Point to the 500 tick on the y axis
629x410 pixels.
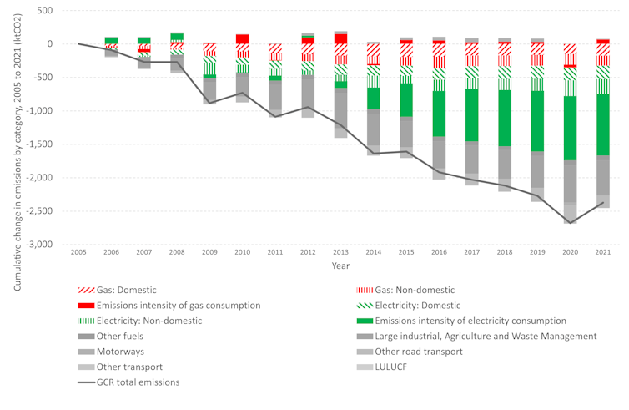click(x=44, y=10)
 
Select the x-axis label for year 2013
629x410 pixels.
click(x=340, y=252)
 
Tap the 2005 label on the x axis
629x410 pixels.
click(x=78, y=252)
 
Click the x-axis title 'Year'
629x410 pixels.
click(x=340, y=266)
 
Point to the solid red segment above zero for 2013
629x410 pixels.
click(x=340, y=38)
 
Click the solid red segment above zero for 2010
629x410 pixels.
click(x=242, y=38)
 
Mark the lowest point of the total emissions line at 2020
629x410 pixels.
click(x=570, y=223)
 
